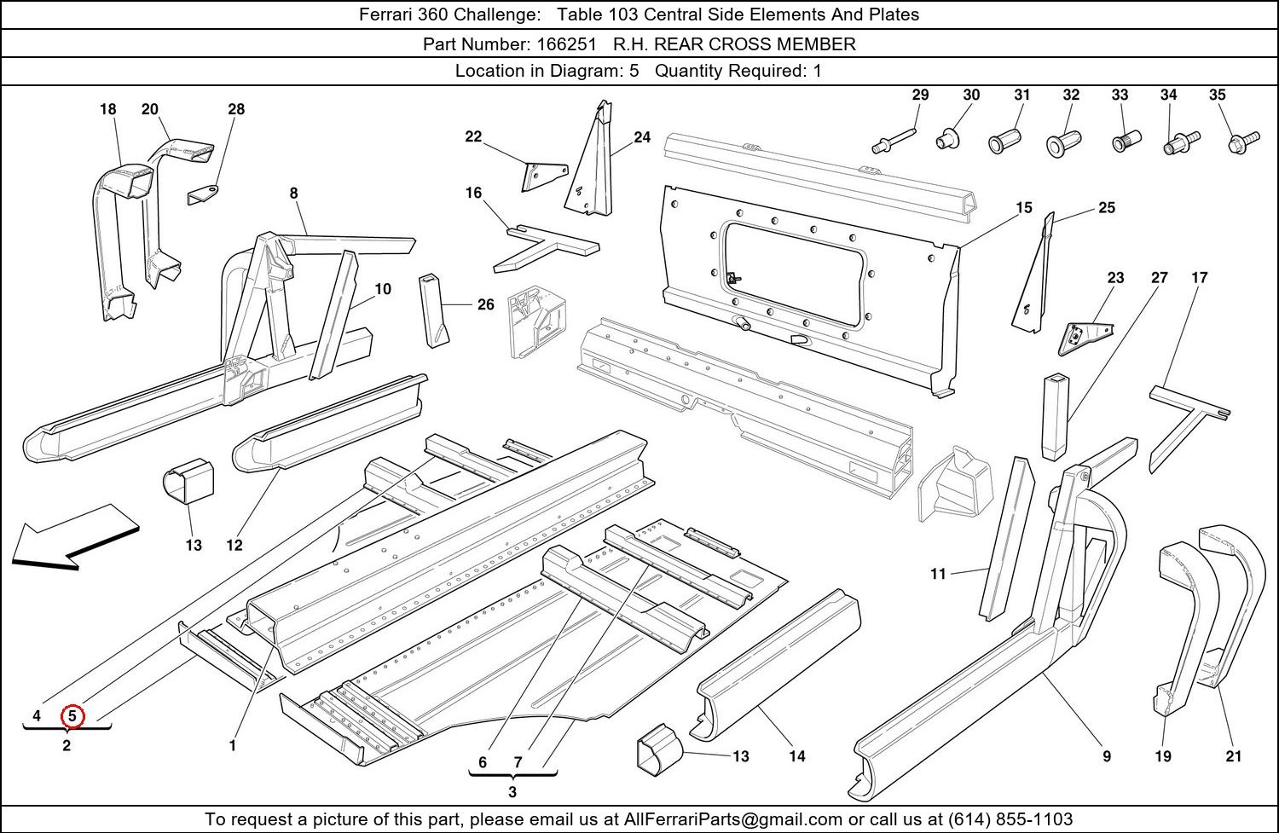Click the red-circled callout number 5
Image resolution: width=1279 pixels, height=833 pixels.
click(72, 716)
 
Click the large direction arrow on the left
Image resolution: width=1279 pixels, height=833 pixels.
click(75, 536)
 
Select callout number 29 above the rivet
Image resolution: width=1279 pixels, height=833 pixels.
click(920, 95)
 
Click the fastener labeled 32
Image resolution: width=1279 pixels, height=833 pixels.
click(1062, 142)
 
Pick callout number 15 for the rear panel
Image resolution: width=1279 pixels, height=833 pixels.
click(1023, 207)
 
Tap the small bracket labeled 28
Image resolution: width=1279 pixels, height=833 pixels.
click(202, 194)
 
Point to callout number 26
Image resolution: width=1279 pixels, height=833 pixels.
click(485, 304)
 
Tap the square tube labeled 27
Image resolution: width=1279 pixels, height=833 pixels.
click(1055, 415)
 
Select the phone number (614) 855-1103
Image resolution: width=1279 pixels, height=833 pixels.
click(1010, 819)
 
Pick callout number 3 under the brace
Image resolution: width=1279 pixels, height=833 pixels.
click(512, 791)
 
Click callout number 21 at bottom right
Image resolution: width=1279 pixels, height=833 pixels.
click(1233, 755)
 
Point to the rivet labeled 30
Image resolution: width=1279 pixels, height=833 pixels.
click(948, 136)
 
